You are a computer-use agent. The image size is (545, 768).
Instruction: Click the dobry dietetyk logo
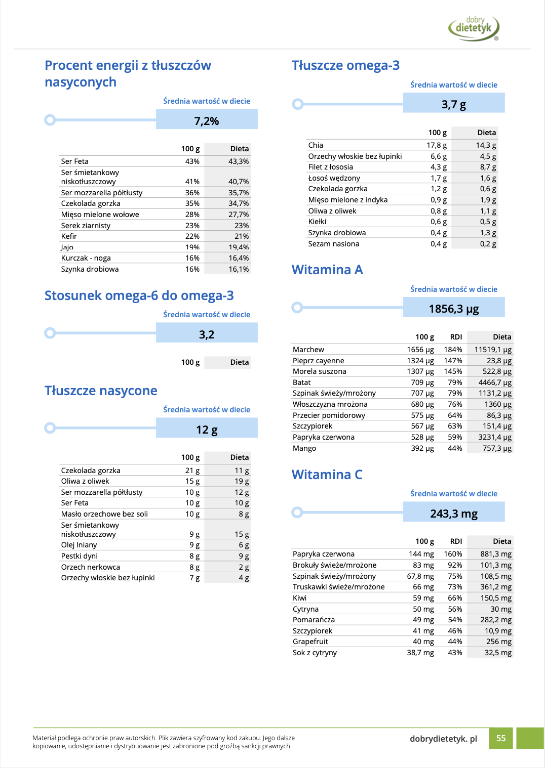coord(474,28)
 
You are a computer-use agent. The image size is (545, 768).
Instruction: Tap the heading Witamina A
coord(327,270)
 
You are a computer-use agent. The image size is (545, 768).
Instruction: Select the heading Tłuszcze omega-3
coord(345,65)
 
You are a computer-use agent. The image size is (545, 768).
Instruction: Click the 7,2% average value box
coord(207,121)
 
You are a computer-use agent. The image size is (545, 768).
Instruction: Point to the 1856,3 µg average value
coord(454,309)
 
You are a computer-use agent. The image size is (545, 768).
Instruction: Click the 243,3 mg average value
coord(454,514)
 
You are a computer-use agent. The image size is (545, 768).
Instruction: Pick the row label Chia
coord(316,145)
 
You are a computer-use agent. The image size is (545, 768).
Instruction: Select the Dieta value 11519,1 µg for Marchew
coord(493,350)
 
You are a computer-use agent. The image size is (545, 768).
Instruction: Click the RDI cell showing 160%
coord(453,554)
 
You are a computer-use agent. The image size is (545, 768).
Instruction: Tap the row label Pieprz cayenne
coord(318,361)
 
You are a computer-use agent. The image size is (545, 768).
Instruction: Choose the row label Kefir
coord(69,236)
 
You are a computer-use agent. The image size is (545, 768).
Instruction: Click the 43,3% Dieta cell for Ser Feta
coord(239,161)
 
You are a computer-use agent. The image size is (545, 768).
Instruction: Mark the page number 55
coord(501,738)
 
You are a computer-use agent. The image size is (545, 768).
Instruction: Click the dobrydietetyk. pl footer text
coord(443,739)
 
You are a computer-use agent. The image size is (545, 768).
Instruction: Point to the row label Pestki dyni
coord(79,556)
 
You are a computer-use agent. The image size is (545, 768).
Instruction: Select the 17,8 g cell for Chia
coord(437,145)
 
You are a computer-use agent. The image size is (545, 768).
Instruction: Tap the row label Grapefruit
coord(310,642)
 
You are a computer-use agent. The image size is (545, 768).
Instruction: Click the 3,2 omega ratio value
coord(207,334)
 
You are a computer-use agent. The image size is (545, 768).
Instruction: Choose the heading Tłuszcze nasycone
coord(101,391)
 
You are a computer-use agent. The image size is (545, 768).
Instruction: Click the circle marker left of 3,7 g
coord(298,104)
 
